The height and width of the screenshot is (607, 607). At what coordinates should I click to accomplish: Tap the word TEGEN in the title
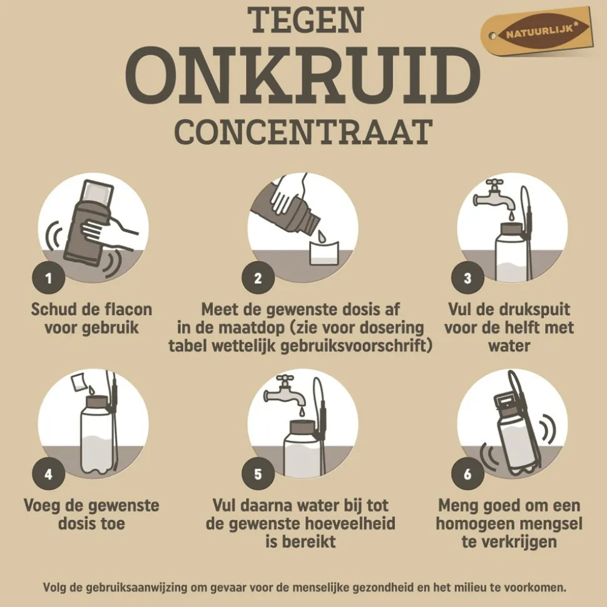(x=306, y=21)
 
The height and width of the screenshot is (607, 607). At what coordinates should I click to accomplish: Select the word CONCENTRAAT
(x=303, y=132)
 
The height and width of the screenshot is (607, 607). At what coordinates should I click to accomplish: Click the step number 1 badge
(x=49, y=279)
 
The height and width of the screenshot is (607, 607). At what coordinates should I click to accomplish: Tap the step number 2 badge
(x=258, y=279)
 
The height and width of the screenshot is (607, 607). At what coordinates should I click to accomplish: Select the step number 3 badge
(x=467, y=279)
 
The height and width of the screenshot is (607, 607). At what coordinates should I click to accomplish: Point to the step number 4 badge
(x=49, y=474)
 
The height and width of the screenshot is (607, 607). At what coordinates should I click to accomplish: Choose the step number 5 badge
(x=258, y=474)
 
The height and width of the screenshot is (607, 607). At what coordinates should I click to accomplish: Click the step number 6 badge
(x=467, y=474)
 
